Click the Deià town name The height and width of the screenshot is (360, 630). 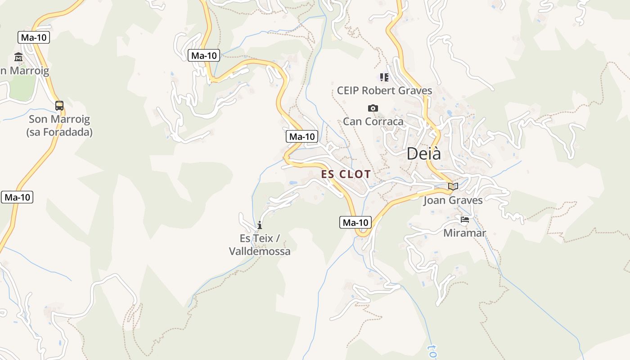(x=423, y=153)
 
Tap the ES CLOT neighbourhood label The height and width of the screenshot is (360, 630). (x=346, y=174)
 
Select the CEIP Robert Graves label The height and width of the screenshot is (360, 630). (x=384, y=90)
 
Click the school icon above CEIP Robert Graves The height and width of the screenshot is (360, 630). (x=384, y=77)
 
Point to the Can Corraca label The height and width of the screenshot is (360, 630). (x=373, y=121)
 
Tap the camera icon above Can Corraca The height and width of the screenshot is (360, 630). (x=373, y=108)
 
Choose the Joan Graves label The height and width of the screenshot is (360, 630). (x=453, y=200)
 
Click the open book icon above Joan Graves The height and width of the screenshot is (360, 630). (x=453, y=186)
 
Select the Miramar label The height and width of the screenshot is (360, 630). (x=464, y=233)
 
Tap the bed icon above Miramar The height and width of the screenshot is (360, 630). (x=465, y=220)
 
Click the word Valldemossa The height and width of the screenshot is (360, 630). (x=260, y=251)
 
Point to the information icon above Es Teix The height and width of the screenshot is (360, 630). (x=260, y=225)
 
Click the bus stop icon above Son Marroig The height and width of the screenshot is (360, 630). (x=59, y=106)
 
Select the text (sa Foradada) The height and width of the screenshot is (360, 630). (x=59, y=132)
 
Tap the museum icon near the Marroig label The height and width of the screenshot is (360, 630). (x=18, y=57)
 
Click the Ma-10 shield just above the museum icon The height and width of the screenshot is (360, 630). (x=34, y=37)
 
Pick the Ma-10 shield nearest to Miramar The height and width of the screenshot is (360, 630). (x=355, y=222)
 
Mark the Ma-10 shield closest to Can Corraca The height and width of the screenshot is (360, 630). (x=301, y=136)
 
